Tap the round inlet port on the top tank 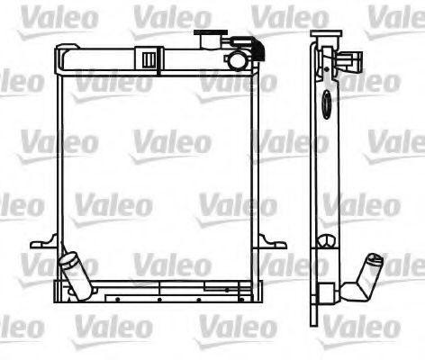236,61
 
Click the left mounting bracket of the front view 42,244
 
